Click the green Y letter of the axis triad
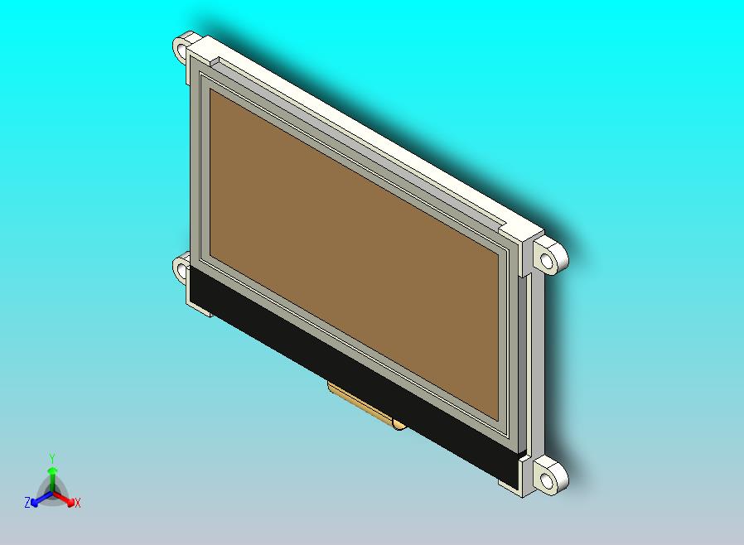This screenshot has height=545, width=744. click(52, 458)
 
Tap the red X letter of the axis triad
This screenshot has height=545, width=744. click(78, 503)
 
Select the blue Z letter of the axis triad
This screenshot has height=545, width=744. click(27, 503)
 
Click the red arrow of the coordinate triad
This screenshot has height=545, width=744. click(66, 499)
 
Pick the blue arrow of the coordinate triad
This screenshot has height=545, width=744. click(38, 499)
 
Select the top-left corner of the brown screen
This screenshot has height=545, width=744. click(211, 90)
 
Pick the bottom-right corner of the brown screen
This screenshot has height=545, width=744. click(500, 417)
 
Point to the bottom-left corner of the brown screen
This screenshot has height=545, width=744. click(210, 253)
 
